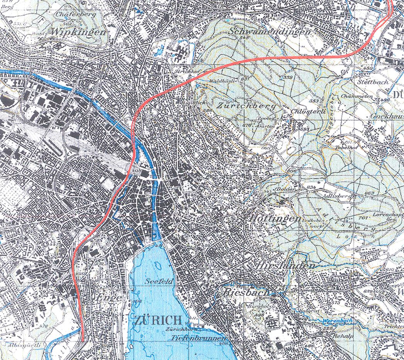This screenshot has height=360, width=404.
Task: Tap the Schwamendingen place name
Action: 270,32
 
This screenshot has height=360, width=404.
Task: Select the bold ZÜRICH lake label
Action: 158,320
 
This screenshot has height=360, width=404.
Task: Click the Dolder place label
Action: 286,189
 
